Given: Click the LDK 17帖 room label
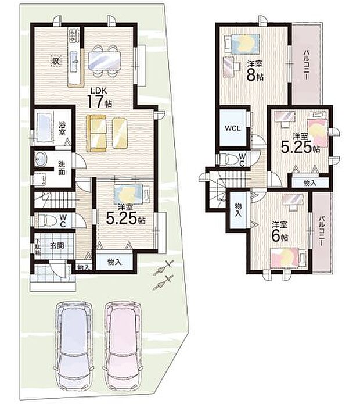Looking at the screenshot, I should (x=99, y=96).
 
